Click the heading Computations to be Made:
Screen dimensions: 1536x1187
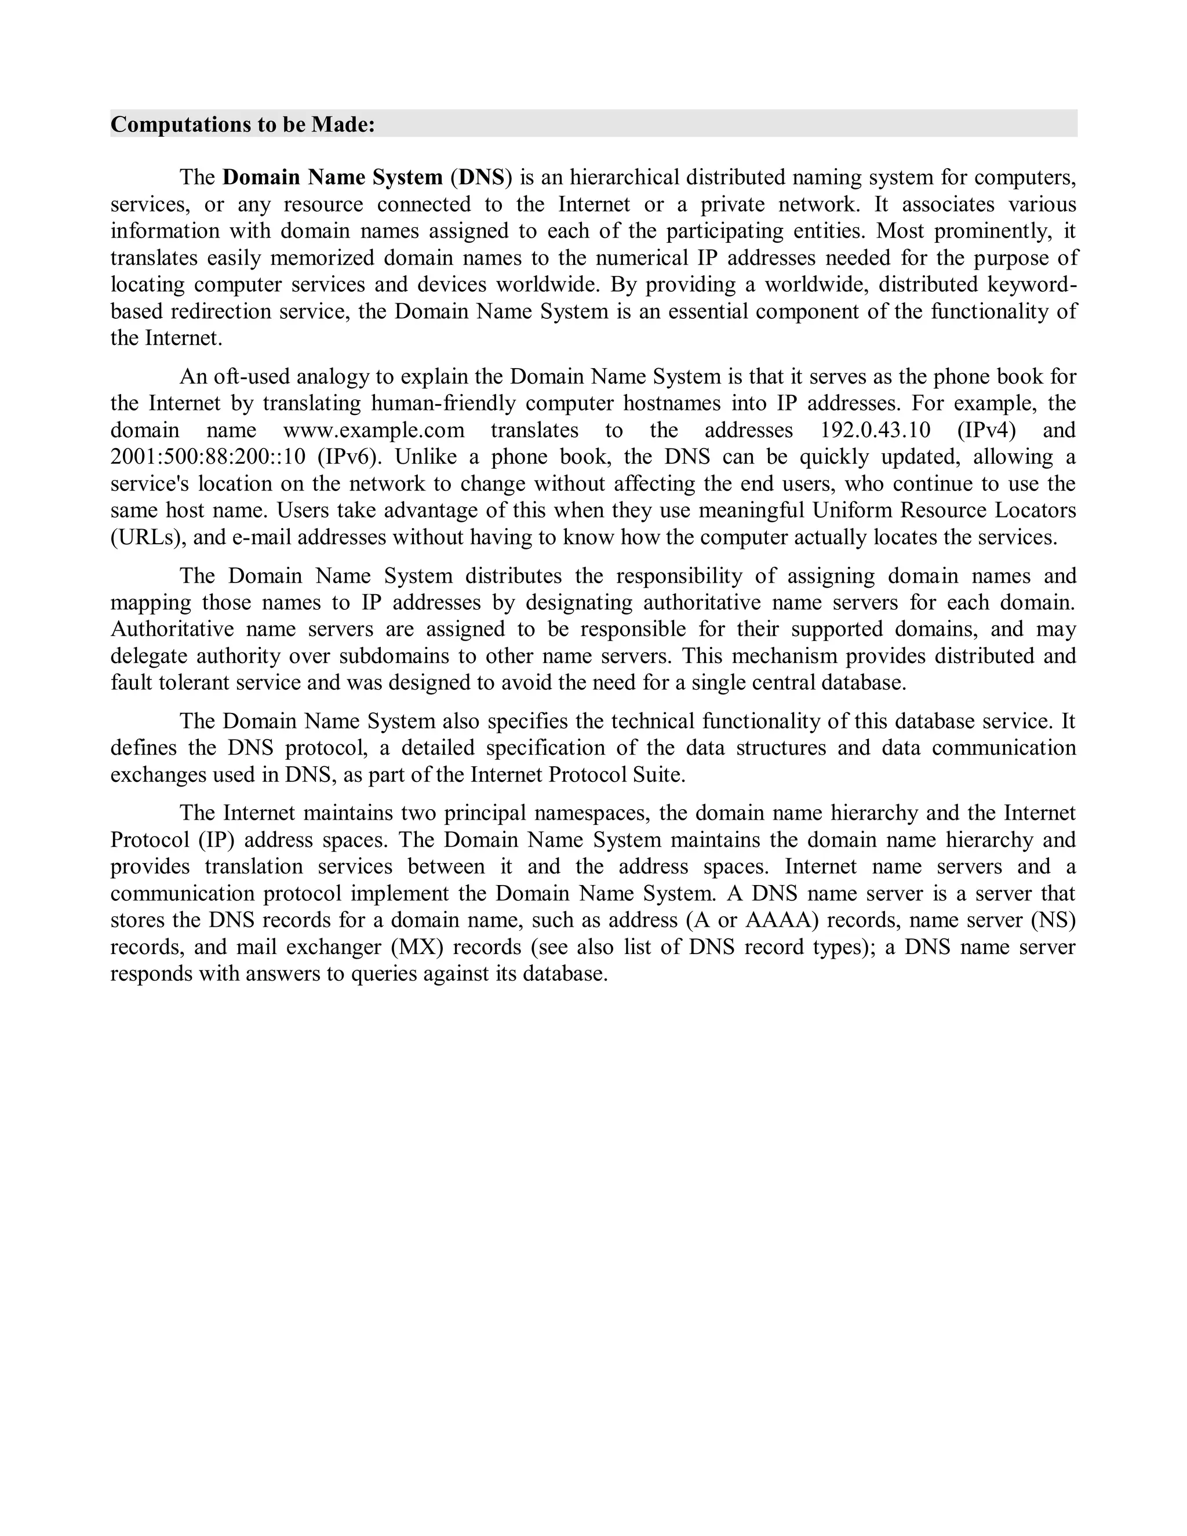(243, 125)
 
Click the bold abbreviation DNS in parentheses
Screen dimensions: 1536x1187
(482, 177)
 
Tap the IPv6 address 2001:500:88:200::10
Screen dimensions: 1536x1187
(208, 457)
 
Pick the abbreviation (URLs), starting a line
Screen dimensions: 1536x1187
(148, 537)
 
